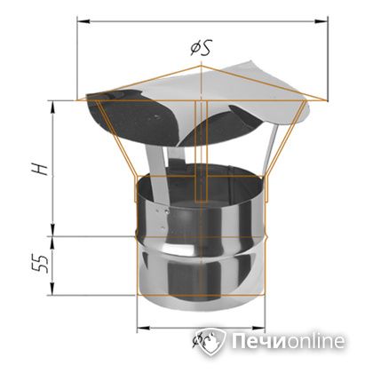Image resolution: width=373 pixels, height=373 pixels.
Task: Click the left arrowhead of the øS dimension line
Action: coord(82,19)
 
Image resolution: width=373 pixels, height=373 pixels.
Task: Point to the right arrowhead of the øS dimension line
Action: coord(323,19)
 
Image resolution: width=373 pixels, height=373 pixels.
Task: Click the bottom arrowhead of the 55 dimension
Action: coord(58,299)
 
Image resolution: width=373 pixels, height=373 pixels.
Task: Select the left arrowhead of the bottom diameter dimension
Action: coord(141,329)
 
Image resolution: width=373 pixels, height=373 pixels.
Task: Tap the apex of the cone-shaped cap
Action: coord(203,63)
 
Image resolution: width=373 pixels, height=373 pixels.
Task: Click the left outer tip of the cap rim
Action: coord(80,99)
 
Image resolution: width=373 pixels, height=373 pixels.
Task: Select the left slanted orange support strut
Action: coord(119,142)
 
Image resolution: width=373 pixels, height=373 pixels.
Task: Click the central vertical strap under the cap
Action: coord(202,151)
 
